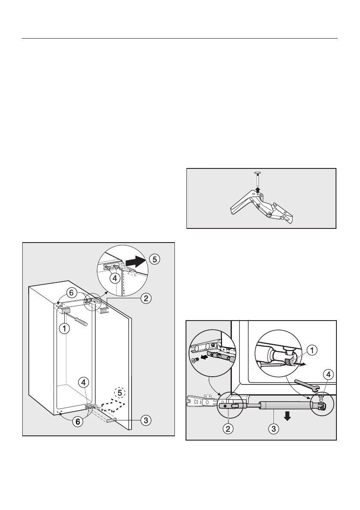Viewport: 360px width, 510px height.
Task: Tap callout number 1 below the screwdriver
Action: click(x=64, y=329)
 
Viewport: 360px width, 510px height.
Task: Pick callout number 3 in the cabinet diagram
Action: click(x=146, y=420)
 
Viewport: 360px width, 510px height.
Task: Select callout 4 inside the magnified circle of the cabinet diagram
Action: click(x=114, y=277)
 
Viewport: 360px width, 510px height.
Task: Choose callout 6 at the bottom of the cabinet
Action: click(x=78, y=421)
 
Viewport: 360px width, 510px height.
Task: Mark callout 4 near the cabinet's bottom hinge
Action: click(x=84, y=381)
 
